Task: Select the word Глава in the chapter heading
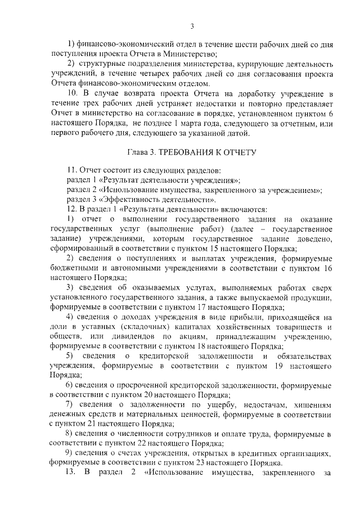click(139, 152)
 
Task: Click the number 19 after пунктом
click(283, 366)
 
